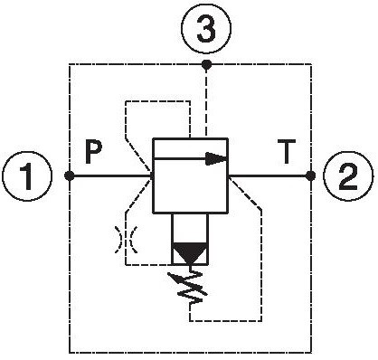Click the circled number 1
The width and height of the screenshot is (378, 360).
(27, 176)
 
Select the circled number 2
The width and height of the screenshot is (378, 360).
(348, 176)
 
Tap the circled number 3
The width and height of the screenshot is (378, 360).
(206, 29)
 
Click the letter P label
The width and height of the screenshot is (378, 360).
(93, 151)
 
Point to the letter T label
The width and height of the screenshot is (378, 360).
(286, 152)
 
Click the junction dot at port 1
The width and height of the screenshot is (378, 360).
(70, 175)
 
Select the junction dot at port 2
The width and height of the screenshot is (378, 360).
(310, 175)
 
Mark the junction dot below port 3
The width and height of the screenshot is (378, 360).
(206, 64)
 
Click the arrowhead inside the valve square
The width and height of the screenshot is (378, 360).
(216, 158)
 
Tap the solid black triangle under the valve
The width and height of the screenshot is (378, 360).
(190, 252)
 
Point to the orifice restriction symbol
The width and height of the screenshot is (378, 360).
(126, 240)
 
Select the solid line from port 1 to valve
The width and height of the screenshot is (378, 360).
(111, 175)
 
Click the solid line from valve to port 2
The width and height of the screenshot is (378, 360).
(269, 175)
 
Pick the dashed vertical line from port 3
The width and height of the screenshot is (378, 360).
(206, 101)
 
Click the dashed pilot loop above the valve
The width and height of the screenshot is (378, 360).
(156, 101)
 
